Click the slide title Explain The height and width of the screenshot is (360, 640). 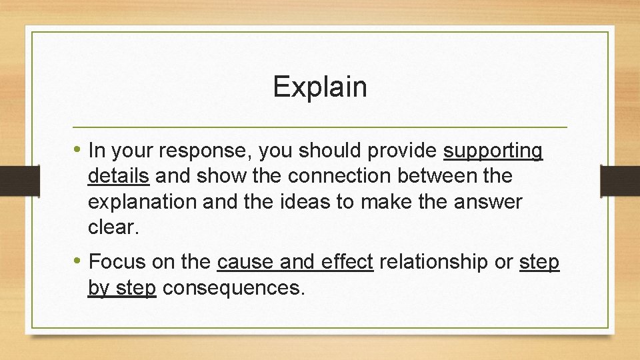(320, 87)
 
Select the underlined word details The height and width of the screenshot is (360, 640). (118, 177)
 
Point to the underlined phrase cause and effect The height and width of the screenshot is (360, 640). (295, 262)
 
